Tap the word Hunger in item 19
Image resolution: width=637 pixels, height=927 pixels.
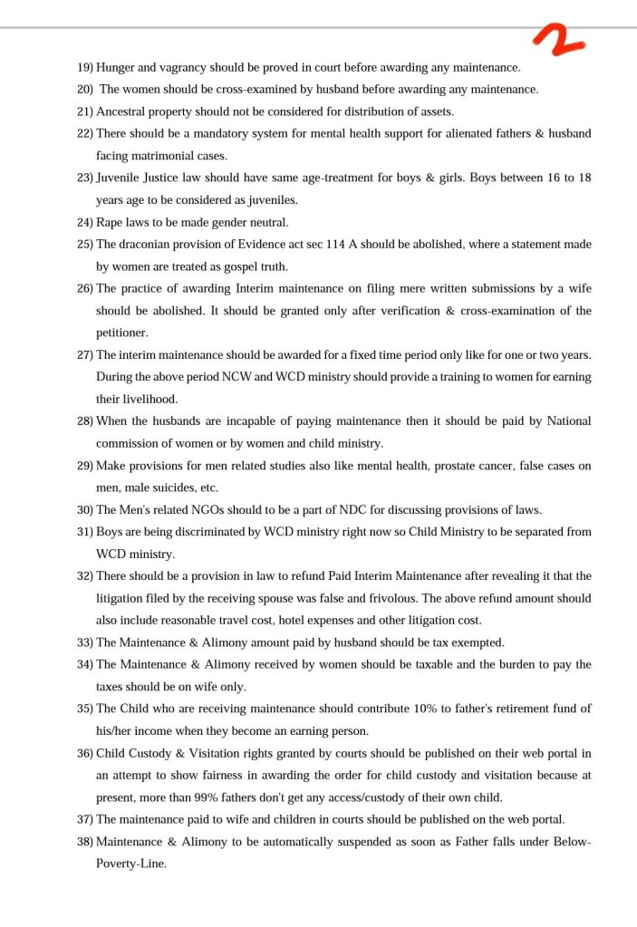(x=117, y=67)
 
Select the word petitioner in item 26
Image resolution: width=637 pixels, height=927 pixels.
(x=121, y=333)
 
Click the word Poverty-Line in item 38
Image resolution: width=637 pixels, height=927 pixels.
(x=130, y=864)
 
